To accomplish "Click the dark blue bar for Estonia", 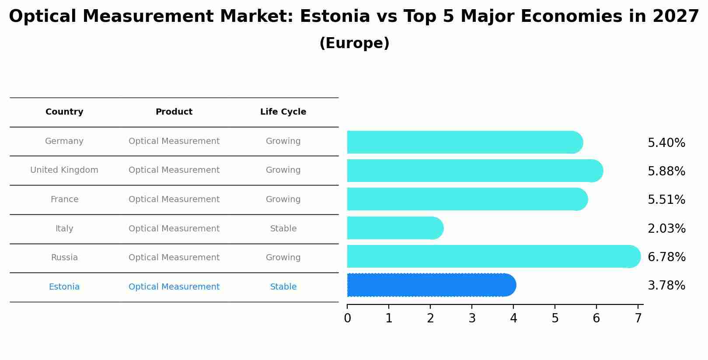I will point(431,285).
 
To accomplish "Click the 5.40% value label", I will point(666,143).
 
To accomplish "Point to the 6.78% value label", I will point(666,257).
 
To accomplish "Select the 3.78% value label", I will point(666,286).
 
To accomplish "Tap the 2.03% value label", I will point(666,228).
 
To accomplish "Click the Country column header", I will point(64,112).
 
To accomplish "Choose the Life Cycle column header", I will point(283,112).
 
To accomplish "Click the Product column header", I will point(174,112).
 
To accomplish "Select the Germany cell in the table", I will point(64,141).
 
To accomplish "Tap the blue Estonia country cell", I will point(64,287).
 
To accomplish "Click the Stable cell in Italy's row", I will point(283,229).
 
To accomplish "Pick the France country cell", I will point(64,199).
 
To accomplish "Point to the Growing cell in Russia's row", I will point(283,258).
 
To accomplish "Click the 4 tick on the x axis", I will point(513,318).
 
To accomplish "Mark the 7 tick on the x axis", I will point(638,318).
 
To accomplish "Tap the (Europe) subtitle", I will point(354,43).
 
